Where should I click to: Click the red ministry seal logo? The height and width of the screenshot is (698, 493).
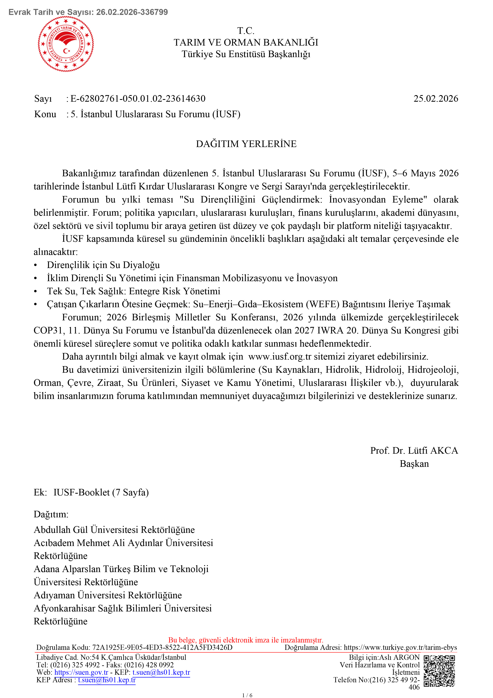coord(66,44)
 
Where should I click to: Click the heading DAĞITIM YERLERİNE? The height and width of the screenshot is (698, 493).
coord(246,144)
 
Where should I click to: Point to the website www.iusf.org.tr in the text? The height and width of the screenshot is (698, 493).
coord(279,356)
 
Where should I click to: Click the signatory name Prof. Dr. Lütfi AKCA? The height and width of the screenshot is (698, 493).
coord(414,450)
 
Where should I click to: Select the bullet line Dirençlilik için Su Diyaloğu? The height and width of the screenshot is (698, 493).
coord(103,265)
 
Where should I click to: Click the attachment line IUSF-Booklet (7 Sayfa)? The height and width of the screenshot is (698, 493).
coord(101,492)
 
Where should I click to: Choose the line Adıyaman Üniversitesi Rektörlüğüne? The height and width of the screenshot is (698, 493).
coord(108,595)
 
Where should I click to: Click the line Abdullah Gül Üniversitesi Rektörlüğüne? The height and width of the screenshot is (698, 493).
coord(114,530)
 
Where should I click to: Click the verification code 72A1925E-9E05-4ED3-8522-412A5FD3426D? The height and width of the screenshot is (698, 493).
coord(162,647)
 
